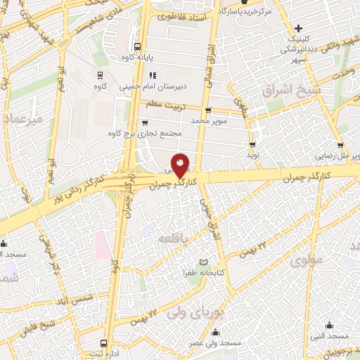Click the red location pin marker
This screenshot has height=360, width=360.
[181, 167]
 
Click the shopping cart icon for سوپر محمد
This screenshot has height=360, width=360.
[208, 110]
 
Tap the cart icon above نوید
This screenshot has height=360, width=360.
[252, 142]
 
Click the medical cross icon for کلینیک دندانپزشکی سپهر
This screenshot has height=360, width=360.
[299, 29]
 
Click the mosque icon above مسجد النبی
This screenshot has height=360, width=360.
[330, 325]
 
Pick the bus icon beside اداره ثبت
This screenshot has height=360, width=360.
[104, 344]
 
